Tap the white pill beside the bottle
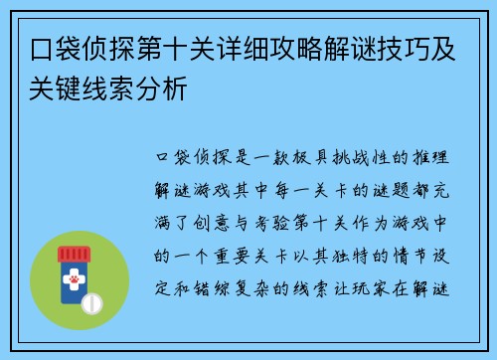point(94,300)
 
